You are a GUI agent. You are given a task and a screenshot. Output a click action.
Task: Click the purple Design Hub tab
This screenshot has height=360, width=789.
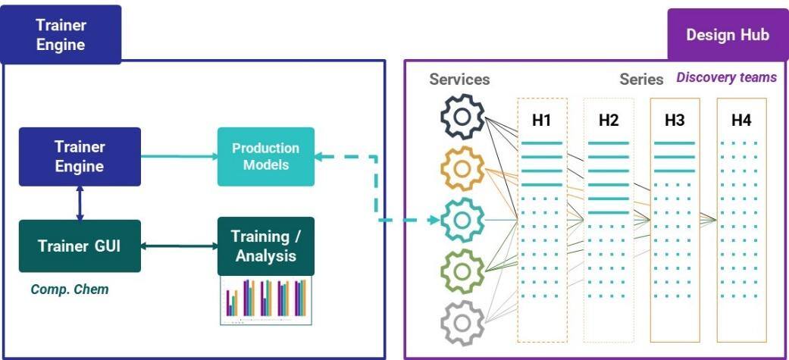point(727,35)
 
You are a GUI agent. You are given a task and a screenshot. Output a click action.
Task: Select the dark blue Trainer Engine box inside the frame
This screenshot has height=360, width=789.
point(80,156)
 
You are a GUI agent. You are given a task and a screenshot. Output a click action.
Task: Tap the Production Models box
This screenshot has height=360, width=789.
point(265,156)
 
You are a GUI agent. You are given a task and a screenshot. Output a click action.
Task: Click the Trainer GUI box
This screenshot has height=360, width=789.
point(80,246)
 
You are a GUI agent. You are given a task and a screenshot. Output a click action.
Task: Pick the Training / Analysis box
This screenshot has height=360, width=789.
point(265,246)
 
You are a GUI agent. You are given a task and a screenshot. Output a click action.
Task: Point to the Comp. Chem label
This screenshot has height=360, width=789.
point(69,289)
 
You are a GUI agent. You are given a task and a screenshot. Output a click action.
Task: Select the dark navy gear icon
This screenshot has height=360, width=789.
point(462,116)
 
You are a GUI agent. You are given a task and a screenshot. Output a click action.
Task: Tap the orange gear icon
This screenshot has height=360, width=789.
point(462,168)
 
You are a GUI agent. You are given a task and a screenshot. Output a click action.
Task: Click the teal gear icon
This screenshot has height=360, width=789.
point(462,220)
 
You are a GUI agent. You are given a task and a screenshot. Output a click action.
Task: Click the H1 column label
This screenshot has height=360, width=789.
point(541,120)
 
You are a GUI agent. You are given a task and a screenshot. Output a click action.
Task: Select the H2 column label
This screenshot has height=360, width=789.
point(608,120)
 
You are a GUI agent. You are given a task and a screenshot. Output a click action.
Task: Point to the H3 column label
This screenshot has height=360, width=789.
point(675,120)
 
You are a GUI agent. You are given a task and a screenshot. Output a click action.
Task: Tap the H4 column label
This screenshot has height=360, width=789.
point(741,120)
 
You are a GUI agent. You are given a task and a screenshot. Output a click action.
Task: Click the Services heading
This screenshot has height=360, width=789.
point(459,79)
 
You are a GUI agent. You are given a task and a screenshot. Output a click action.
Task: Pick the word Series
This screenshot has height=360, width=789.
point(641,79)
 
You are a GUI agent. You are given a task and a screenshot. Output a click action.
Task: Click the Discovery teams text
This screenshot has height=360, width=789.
point(726,77)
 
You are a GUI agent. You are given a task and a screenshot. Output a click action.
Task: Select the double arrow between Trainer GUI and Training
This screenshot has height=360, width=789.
point(179,246)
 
